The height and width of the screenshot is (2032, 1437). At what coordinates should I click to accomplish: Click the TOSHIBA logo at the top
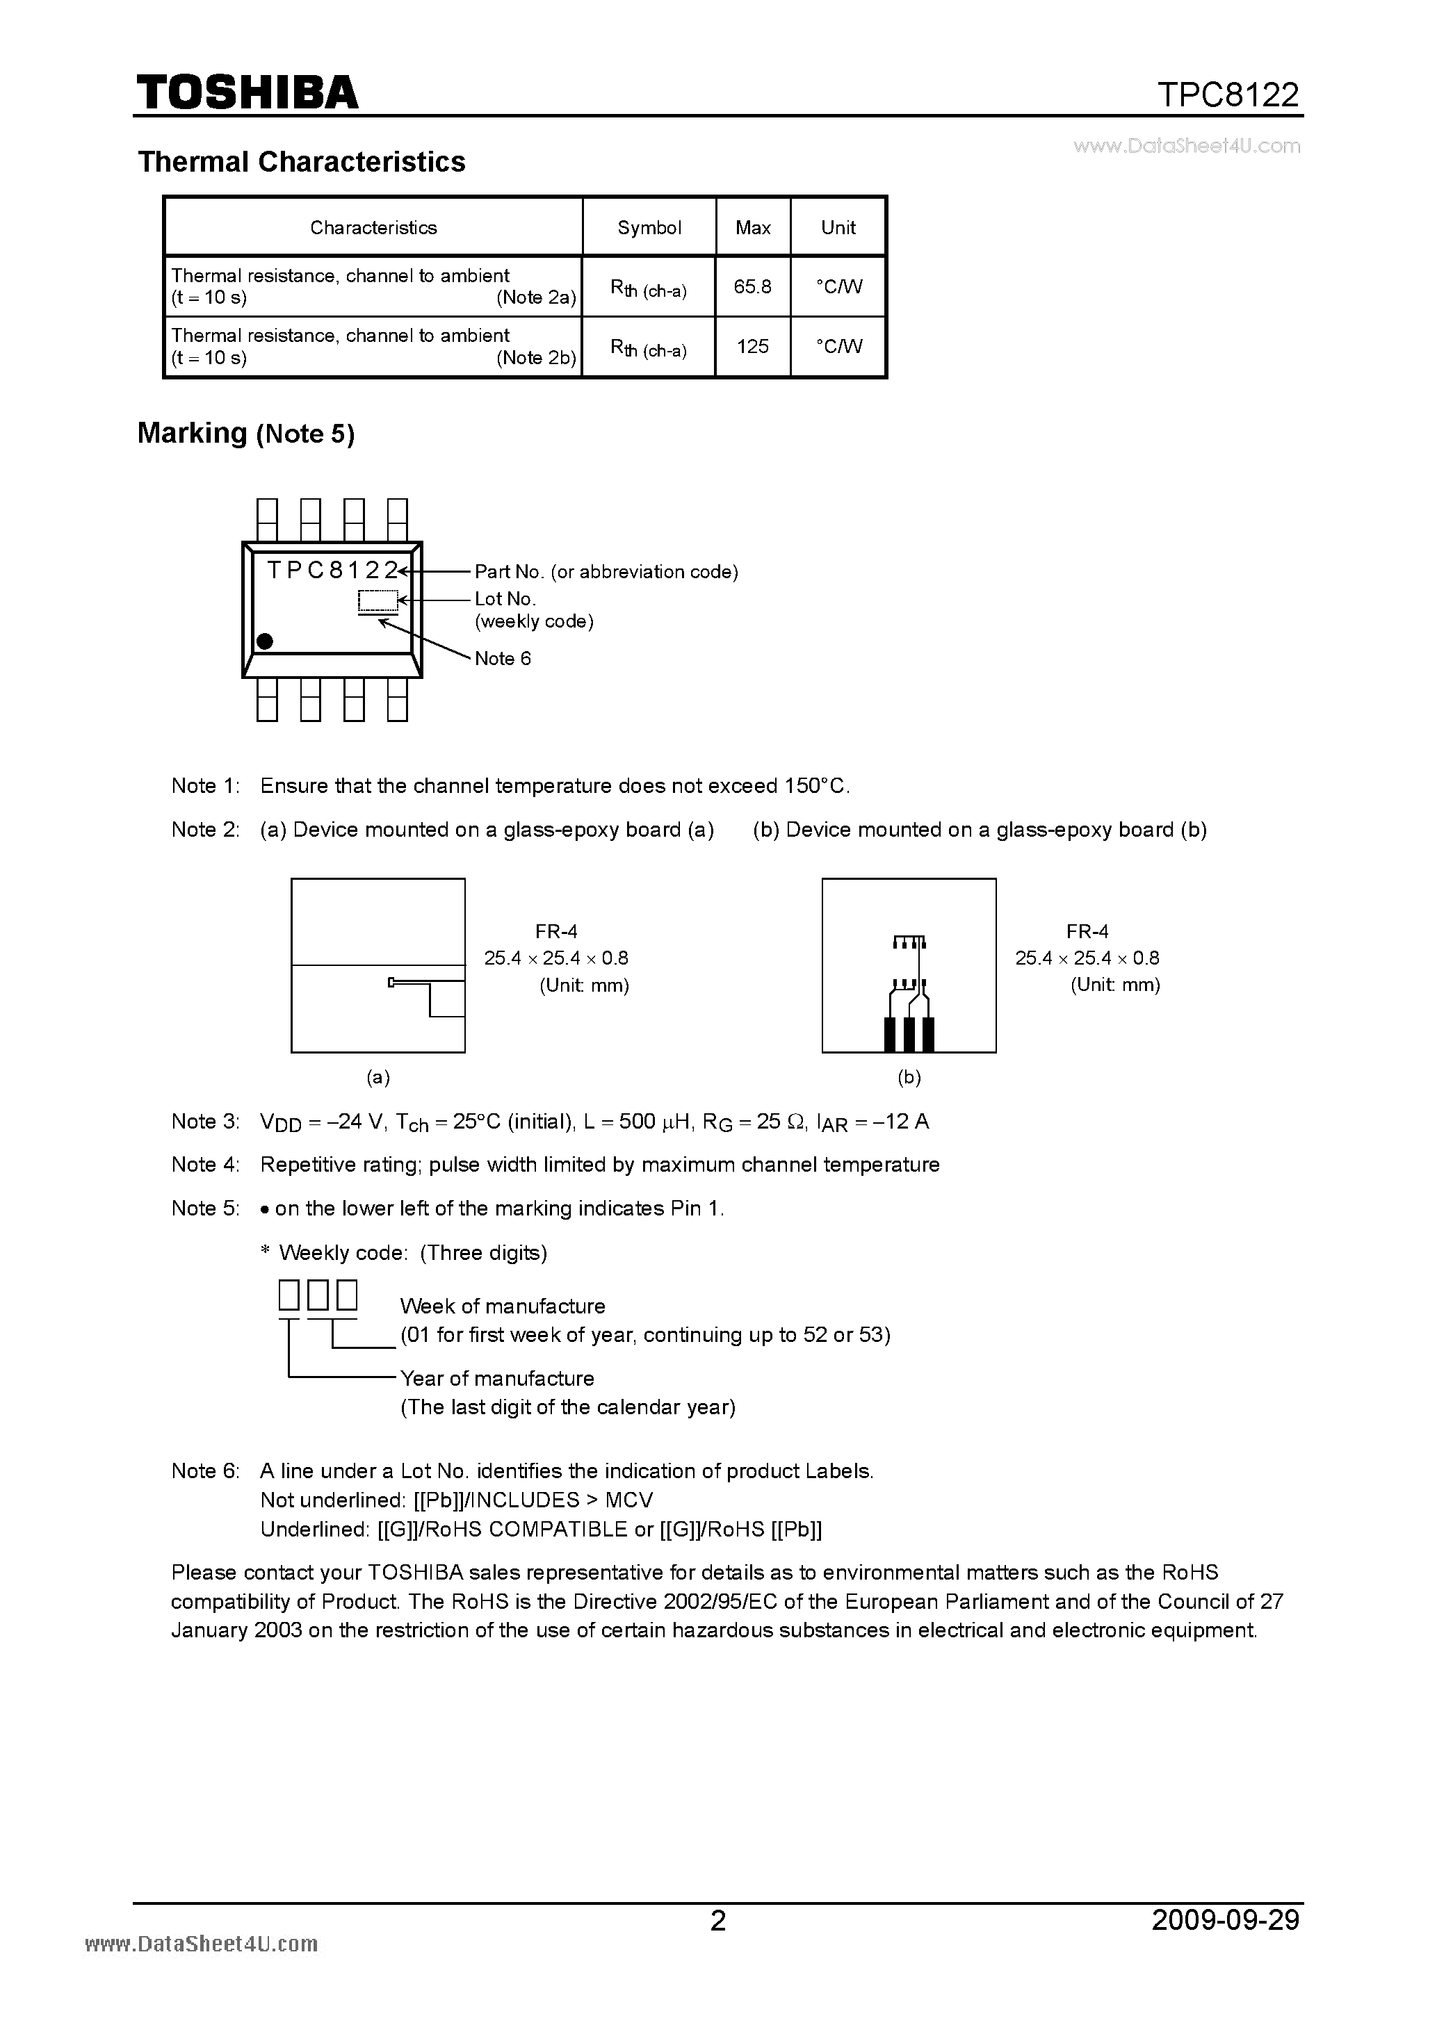[x=247, y=93]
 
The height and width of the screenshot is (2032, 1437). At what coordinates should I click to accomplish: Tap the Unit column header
[x=838, y=227]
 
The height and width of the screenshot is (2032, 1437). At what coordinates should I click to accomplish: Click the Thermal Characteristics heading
[x=301, y=162]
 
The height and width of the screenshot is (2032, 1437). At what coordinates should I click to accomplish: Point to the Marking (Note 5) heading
[x=245, y=434]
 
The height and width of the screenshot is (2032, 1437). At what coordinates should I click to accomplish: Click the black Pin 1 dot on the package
[x=264, y=641]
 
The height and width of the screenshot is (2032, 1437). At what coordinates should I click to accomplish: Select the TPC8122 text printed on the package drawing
[x=332, y=570]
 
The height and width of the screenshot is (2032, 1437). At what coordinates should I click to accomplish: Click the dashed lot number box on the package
[x=378, y=601]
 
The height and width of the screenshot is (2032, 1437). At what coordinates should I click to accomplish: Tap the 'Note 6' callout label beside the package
[x=502, y=658]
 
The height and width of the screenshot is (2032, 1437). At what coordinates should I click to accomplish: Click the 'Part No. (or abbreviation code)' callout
[x=606, y=572]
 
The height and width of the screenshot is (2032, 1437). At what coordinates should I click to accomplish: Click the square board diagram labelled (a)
[x=378, y=965]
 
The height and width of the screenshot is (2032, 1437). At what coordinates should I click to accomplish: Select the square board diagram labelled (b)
[x=909, y=965]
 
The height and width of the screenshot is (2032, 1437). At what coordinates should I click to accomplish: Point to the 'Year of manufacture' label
[x=496, y=1378]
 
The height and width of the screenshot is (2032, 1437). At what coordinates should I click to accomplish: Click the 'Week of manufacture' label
[x=502, y=1306]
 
